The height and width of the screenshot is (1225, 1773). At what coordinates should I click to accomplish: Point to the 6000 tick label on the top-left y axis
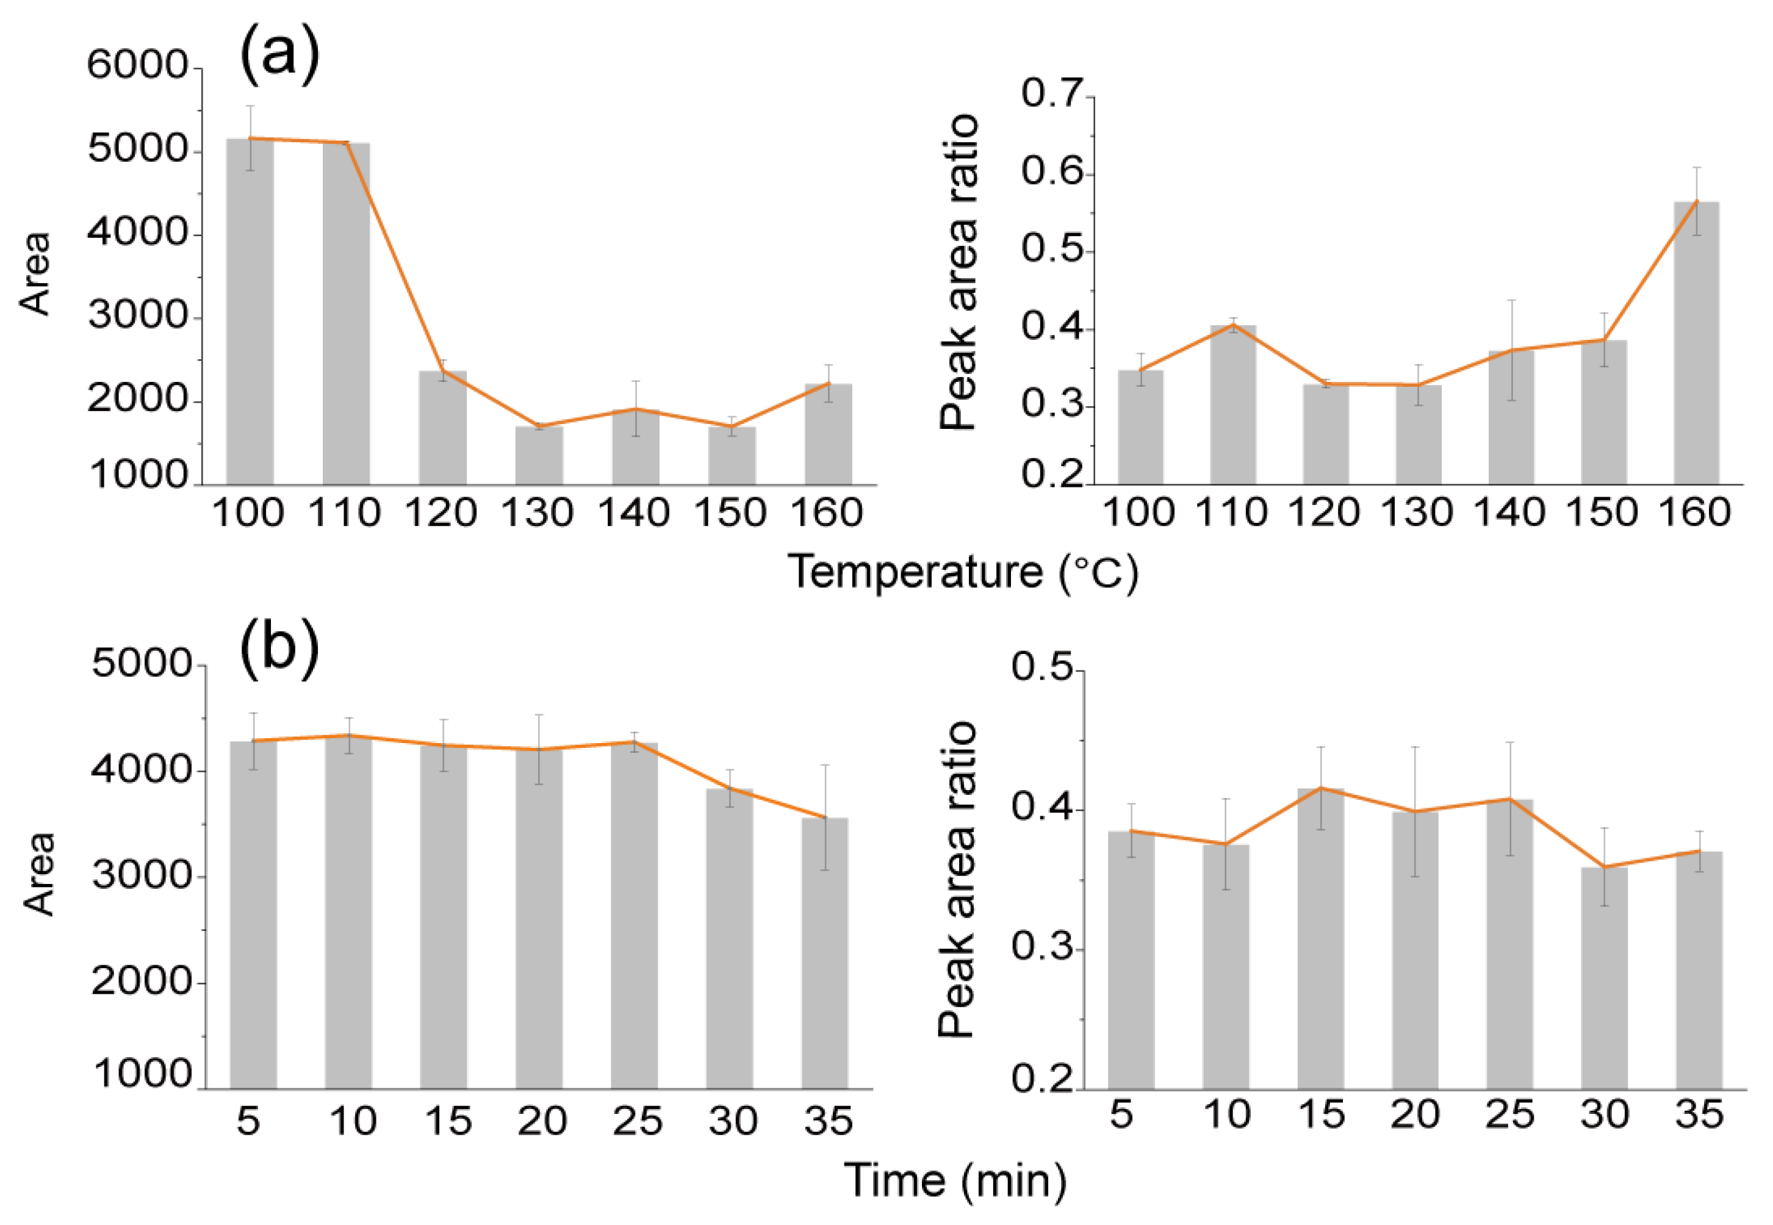click(x=137, y=65)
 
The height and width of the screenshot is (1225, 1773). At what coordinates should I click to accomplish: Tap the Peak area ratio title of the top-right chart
click(x=960, y=273)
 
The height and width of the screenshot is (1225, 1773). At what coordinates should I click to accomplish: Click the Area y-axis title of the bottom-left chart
click(x=38, y=874)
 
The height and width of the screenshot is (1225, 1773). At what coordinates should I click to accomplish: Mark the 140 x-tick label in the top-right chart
click(x=1509, y=512)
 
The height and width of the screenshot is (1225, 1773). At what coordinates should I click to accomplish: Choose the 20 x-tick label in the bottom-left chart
click(x=542, y=1121)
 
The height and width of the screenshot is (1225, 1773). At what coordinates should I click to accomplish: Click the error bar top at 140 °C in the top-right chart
click(x=1511, y=300)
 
